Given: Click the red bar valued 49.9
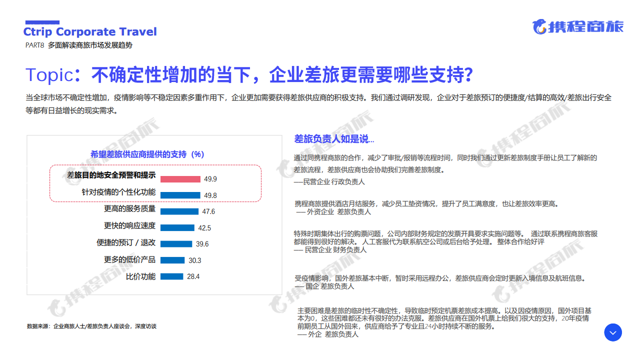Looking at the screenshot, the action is pos(180,179).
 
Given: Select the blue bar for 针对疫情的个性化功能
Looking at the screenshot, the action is pos(180,195).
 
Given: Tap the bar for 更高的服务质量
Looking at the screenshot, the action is pos(179,211).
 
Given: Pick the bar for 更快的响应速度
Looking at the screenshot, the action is pos(177,227).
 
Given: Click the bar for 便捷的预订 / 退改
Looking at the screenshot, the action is pos(176,244).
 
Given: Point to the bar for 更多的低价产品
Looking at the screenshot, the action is pos(172,260).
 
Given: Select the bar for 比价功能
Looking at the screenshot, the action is pos(171,276).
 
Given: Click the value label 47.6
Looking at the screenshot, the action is pos(208,211).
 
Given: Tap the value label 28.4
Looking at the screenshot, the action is pos(193,276).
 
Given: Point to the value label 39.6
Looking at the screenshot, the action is pos(202,244).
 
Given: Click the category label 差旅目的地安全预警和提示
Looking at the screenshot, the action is pos(111,175).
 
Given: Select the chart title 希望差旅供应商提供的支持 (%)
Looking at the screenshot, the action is pos(147,154).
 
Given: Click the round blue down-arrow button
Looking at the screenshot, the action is pos(613,332).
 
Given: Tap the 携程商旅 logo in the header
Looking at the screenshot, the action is pos(578,27).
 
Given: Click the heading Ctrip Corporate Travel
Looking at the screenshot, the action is pos(90,31).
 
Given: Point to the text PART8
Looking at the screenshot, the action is pos(34,45).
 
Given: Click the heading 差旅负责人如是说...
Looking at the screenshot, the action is pos(334,139).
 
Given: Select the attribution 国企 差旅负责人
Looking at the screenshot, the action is pos(329,286).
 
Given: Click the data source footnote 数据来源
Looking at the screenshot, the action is pos(91,326).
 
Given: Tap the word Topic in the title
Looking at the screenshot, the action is pos(49,75).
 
